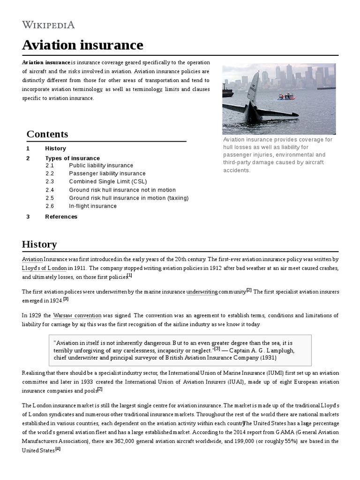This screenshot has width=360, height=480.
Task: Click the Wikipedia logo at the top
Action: [x=48, y=25]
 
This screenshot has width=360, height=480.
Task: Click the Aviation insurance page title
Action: [x=82, y=45]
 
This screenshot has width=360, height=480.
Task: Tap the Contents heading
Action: [x=47, y=134]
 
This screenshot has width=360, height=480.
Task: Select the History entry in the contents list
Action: [x=55, y=149]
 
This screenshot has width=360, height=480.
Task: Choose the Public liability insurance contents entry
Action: [x=101, y=165]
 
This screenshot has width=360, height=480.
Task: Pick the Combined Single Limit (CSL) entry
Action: [x=108, y=182]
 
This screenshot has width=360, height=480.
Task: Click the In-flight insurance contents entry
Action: [x=93, y=206]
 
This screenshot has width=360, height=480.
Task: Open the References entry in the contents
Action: [x=61, y=217]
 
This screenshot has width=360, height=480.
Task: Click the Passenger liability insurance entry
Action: [x=107, y=173]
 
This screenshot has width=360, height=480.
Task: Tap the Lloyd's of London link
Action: [x=45, y=268]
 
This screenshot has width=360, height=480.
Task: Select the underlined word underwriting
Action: [x=202, y=292]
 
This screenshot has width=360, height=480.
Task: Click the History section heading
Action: [x=39, y=244]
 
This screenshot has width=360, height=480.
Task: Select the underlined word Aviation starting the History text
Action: [x=32, y=259]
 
